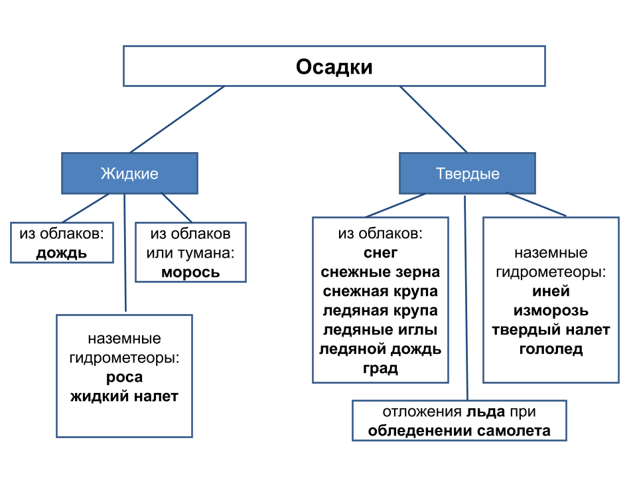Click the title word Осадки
point(334,67)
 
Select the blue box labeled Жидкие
point(129,174)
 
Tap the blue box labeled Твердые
point(467,174)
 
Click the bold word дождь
point(62,253)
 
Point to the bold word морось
point(190,272)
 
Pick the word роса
point(124,377)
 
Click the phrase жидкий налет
point(124,396)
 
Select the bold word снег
point(380,253)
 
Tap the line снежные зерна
point(380,272)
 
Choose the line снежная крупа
point(380,291)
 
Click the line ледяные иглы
point(380,330)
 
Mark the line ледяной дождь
point(380,349)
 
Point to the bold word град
point(380,368)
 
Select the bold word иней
point(551,291)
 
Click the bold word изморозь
point(551,311)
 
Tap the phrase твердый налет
point(551,330)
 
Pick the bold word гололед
point(551,349)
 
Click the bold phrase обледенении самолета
point(459,430)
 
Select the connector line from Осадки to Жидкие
point(178,119)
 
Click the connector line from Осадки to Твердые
point(434,119)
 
